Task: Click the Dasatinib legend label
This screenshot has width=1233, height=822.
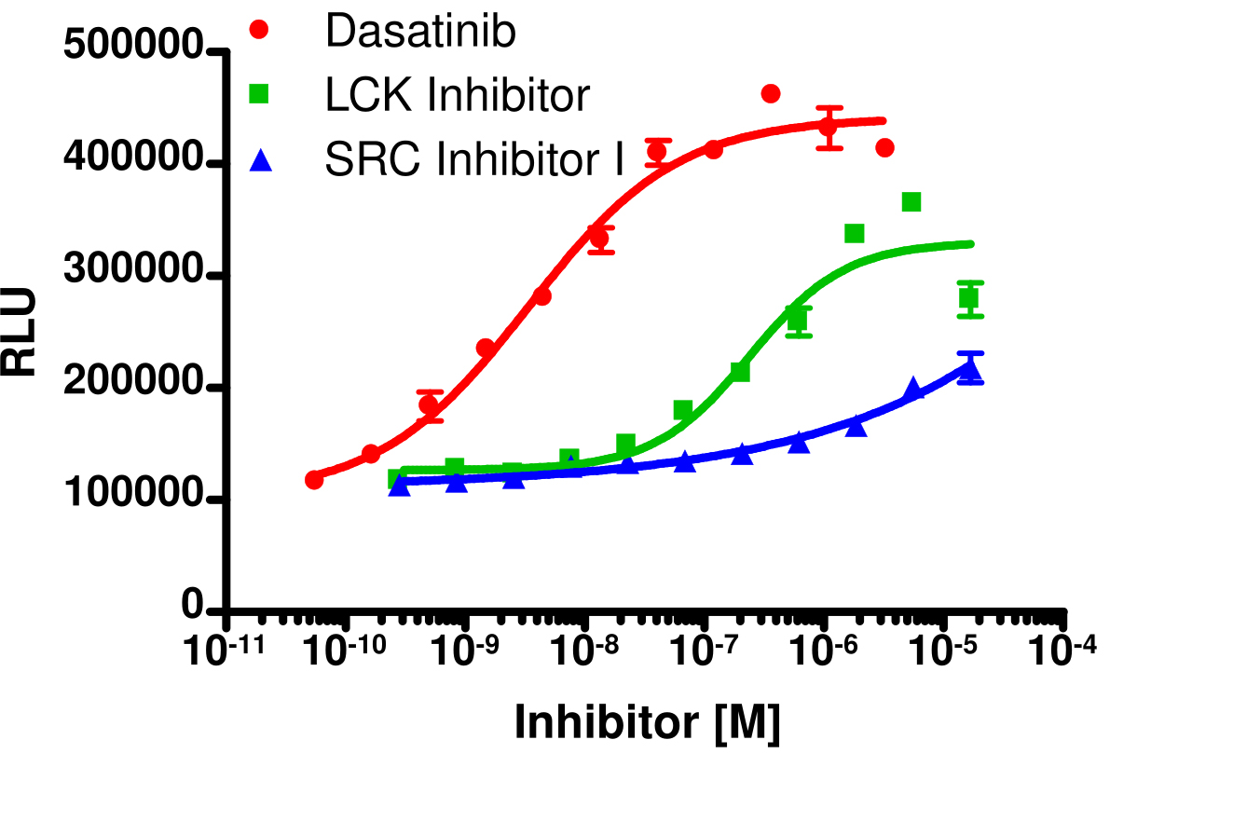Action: pos(420,33)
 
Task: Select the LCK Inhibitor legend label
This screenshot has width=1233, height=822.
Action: pos(458,96)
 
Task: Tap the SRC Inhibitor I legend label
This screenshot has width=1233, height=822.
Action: pos(473,160)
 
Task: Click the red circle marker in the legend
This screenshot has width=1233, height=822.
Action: pos(260,31)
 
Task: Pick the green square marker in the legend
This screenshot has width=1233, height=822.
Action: pos(260,94)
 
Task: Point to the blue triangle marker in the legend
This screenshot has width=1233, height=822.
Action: pos(260,160)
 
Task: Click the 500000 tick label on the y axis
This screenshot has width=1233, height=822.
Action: pos(133,45)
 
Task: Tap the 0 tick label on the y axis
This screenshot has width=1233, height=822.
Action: pos(193,608)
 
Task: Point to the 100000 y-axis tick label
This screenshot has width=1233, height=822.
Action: pos(133,497)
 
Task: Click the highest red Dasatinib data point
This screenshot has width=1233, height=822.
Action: pos(771,93)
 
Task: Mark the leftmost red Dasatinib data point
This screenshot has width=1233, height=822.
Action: pos(314,479)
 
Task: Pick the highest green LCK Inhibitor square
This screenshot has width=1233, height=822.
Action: pos(911,202)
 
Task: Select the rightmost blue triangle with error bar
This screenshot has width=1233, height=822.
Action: pos(970,370)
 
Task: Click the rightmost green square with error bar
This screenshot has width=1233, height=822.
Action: pos(969,299)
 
